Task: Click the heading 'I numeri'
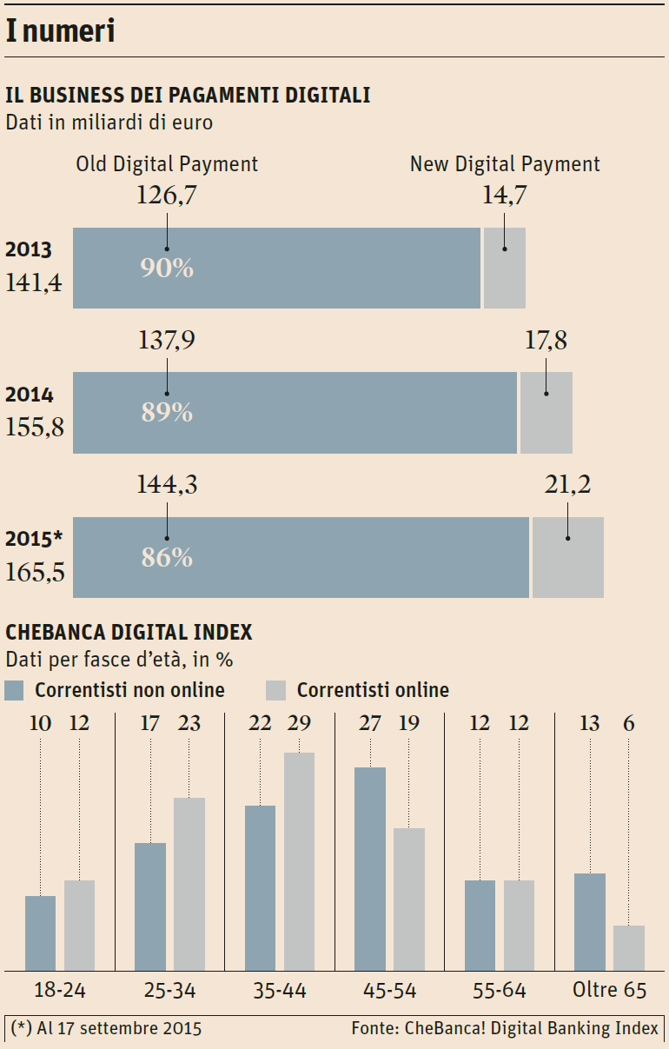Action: [x=61, y=31]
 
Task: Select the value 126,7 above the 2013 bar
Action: [x=166, y=196]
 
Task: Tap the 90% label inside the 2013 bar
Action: [x=166, y=268]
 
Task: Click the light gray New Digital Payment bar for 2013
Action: [x=505, y=268]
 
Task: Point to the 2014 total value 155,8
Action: [x=35, y=427]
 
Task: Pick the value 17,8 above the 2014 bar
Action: [x=546, y=341]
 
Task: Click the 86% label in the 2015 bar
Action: [x=166, y=557]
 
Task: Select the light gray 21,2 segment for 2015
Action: [x=567, y=557]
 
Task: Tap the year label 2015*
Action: [x=34, y=539]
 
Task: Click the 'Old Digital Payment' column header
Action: [x=167, y=164]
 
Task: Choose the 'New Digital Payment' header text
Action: [x=505, y=164]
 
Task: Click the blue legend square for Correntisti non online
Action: [x=14, y=691]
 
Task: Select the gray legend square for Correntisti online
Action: [x=275, y=691]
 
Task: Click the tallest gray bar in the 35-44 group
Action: [x=299, y=860]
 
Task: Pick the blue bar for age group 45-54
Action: [x=370, y=868]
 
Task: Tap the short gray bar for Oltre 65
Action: [x=629, y=947]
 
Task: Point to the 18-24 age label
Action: [x=60, y=990]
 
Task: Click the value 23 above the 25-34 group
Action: [x=189, y=722]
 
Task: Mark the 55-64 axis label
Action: [x=500, y=990]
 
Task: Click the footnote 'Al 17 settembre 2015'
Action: [x=119, y=1028]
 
